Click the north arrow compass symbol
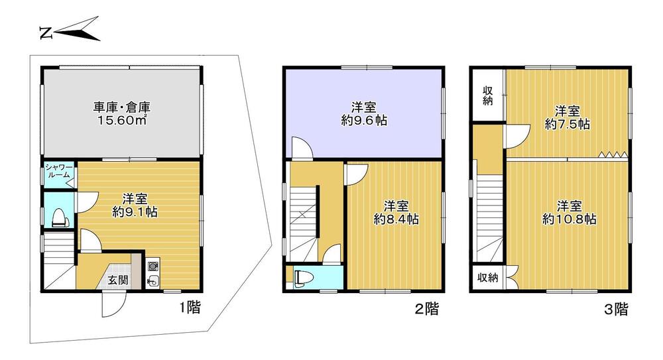(72, 30)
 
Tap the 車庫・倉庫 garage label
(122, 107)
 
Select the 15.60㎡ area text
(122, 120)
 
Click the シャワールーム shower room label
(59, 171)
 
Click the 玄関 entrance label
(117, 280)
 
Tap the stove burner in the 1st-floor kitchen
(152, 266)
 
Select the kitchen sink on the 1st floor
(152, 280)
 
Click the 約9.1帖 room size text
(135, 211)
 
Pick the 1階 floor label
(188, 307)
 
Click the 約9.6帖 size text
(364, 121)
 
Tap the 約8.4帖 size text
(396, 219)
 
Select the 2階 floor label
(426, 309)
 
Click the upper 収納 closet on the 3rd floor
(488, 96)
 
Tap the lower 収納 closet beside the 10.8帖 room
(488, 278)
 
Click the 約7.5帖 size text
(568, 125)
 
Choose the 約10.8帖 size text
(569, 219)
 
